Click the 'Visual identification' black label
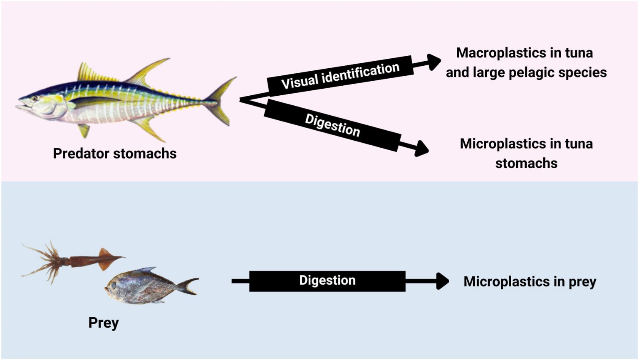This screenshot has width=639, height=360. pos(340,76)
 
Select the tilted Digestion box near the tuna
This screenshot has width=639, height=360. pos(332,125)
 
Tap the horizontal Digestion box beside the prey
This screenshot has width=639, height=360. pos(327,281)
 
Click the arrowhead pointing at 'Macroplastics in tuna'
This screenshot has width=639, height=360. pos(433,62)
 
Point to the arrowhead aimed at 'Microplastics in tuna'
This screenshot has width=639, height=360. pos(421,148)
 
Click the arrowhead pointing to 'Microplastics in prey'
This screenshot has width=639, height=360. pos(442,281)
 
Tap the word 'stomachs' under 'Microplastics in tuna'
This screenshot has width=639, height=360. pos(526,163)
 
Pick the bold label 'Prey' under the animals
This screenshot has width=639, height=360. pos(104,323)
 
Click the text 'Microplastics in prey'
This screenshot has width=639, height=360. pos(530,282)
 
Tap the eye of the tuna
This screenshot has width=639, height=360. pos(34,99)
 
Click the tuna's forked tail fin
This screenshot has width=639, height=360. pos(223,100)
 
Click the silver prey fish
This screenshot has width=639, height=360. pos(146,286)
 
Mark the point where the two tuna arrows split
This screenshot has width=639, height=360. pos(241,99)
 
